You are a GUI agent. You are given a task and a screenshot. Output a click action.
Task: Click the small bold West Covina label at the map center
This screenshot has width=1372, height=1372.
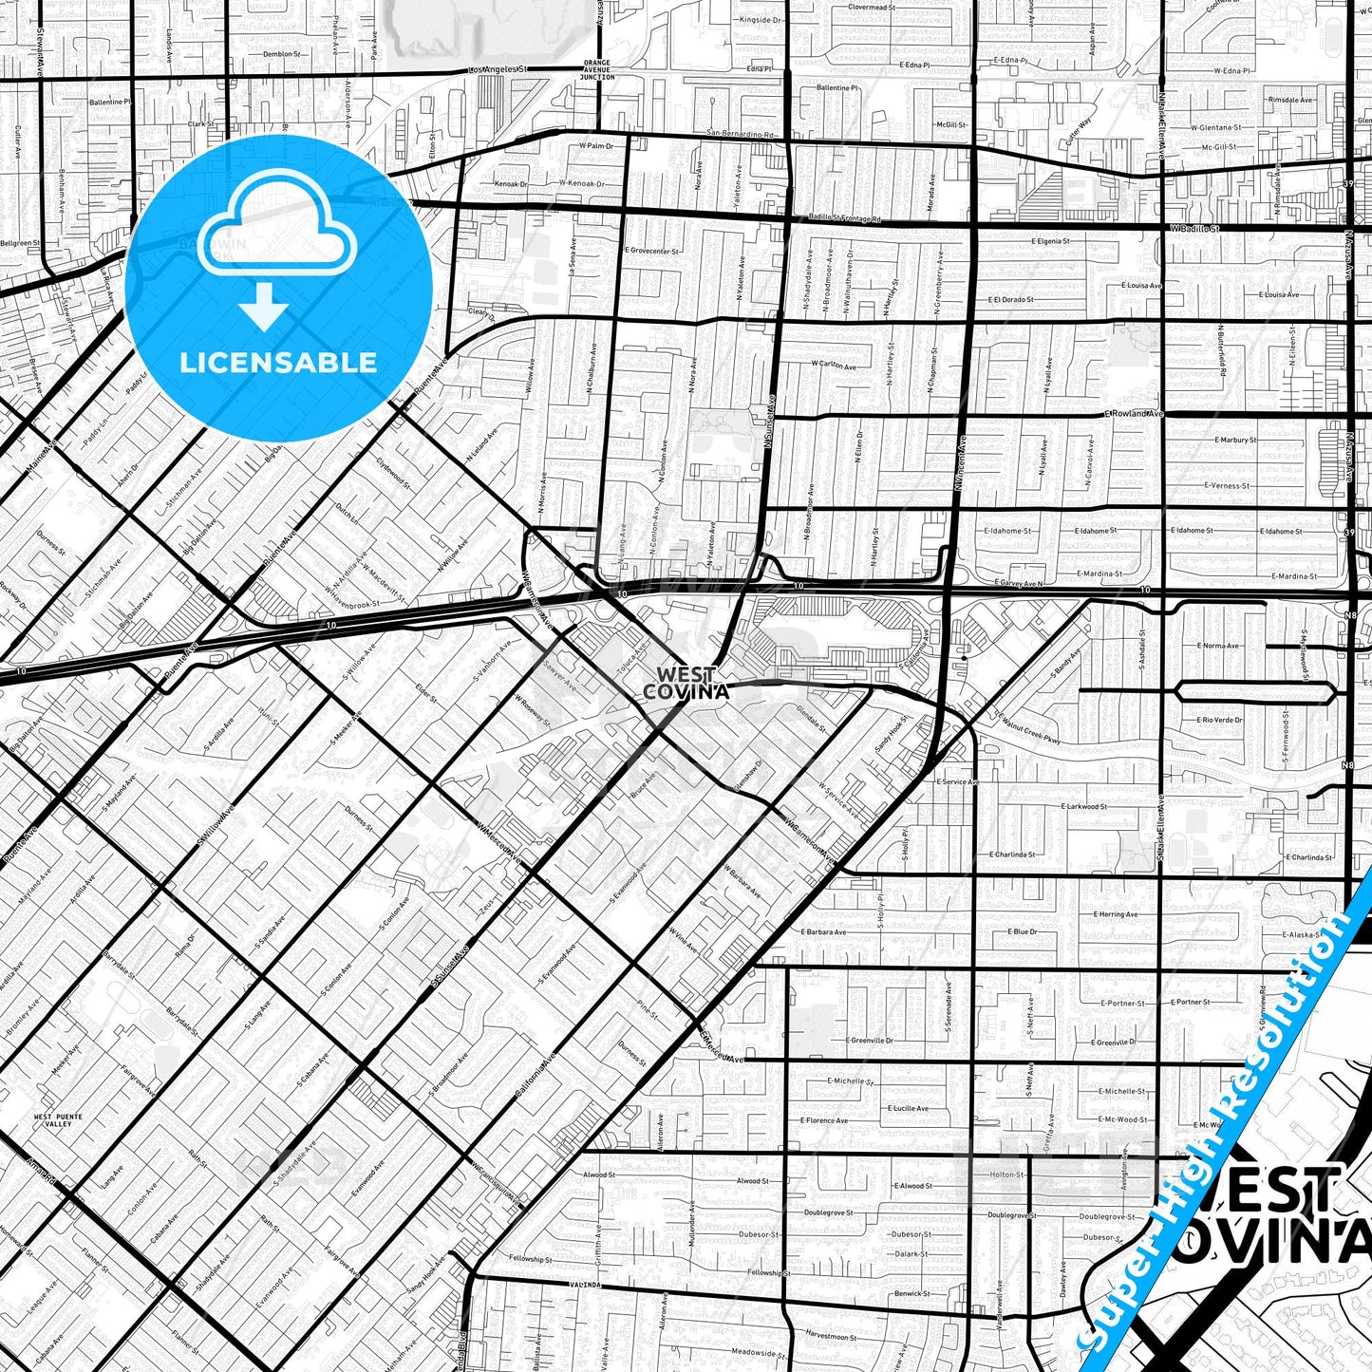click(686, 684)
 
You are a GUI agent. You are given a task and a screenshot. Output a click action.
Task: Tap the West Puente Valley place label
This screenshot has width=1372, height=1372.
click(52, 1120)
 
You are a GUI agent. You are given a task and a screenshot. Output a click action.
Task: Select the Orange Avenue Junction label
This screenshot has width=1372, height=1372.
click(597, 70)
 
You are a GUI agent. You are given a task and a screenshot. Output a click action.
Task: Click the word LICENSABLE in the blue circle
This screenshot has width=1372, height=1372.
click(278, 362)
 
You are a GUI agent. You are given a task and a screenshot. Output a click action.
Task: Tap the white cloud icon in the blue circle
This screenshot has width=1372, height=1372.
click(278, 226)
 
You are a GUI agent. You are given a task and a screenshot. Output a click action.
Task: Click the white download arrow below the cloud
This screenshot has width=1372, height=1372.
click(264, 306)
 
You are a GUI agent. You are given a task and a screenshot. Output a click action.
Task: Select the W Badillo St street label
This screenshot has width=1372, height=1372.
click(1194, 229)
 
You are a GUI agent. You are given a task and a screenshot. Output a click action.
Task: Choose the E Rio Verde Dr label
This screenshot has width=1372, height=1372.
click(1221, 720)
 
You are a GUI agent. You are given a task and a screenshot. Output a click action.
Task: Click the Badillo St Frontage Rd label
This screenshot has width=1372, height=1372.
click(845, 218)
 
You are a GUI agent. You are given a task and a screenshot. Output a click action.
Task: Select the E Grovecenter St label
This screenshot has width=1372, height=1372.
click(651, 252)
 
